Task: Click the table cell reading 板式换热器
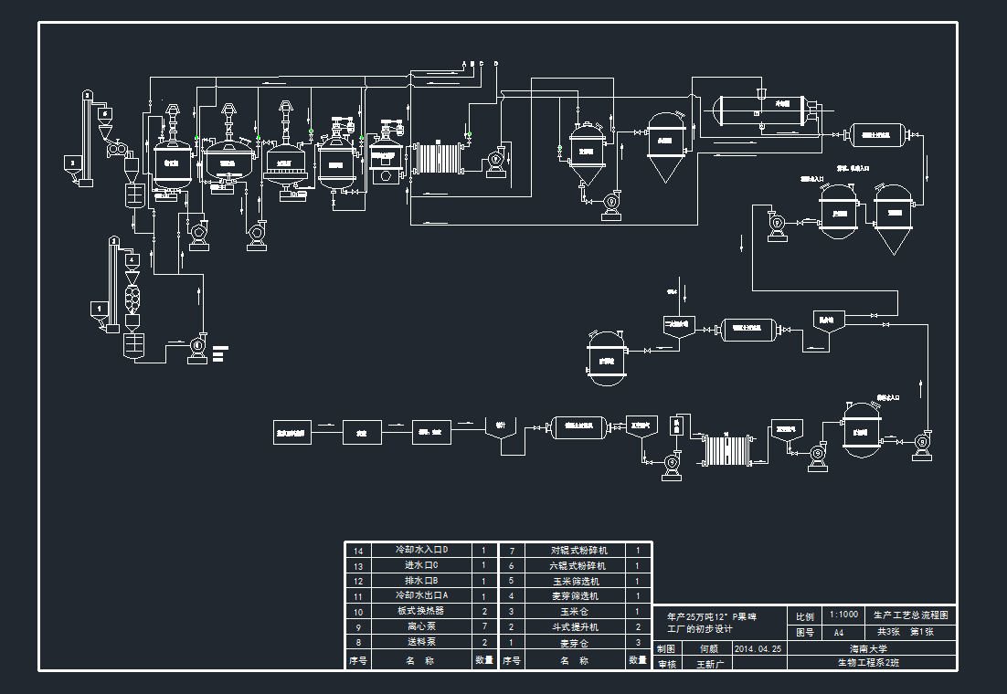click(x=420, y=611)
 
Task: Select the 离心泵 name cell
click(x=420, y=626)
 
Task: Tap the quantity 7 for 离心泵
click(x=483, y=626)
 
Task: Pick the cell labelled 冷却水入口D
click(x=420, y=550)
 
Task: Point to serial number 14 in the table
click(x=358, y=551)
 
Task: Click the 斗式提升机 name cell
click(x=575, y=626)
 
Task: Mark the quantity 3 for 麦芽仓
click(x=638, y=642)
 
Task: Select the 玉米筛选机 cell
click(x=575, y=581)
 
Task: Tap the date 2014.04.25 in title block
click(x=758, y=648)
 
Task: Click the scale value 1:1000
click(x=843, y=615)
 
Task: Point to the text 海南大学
click(x=868, y=648)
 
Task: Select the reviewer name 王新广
click(x=709, y=664)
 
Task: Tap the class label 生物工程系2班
click(x=868, y=664)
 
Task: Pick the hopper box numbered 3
click(x=72, y=163)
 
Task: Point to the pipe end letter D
click(x=495, y=63)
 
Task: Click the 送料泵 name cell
click(x=420, y=642)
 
